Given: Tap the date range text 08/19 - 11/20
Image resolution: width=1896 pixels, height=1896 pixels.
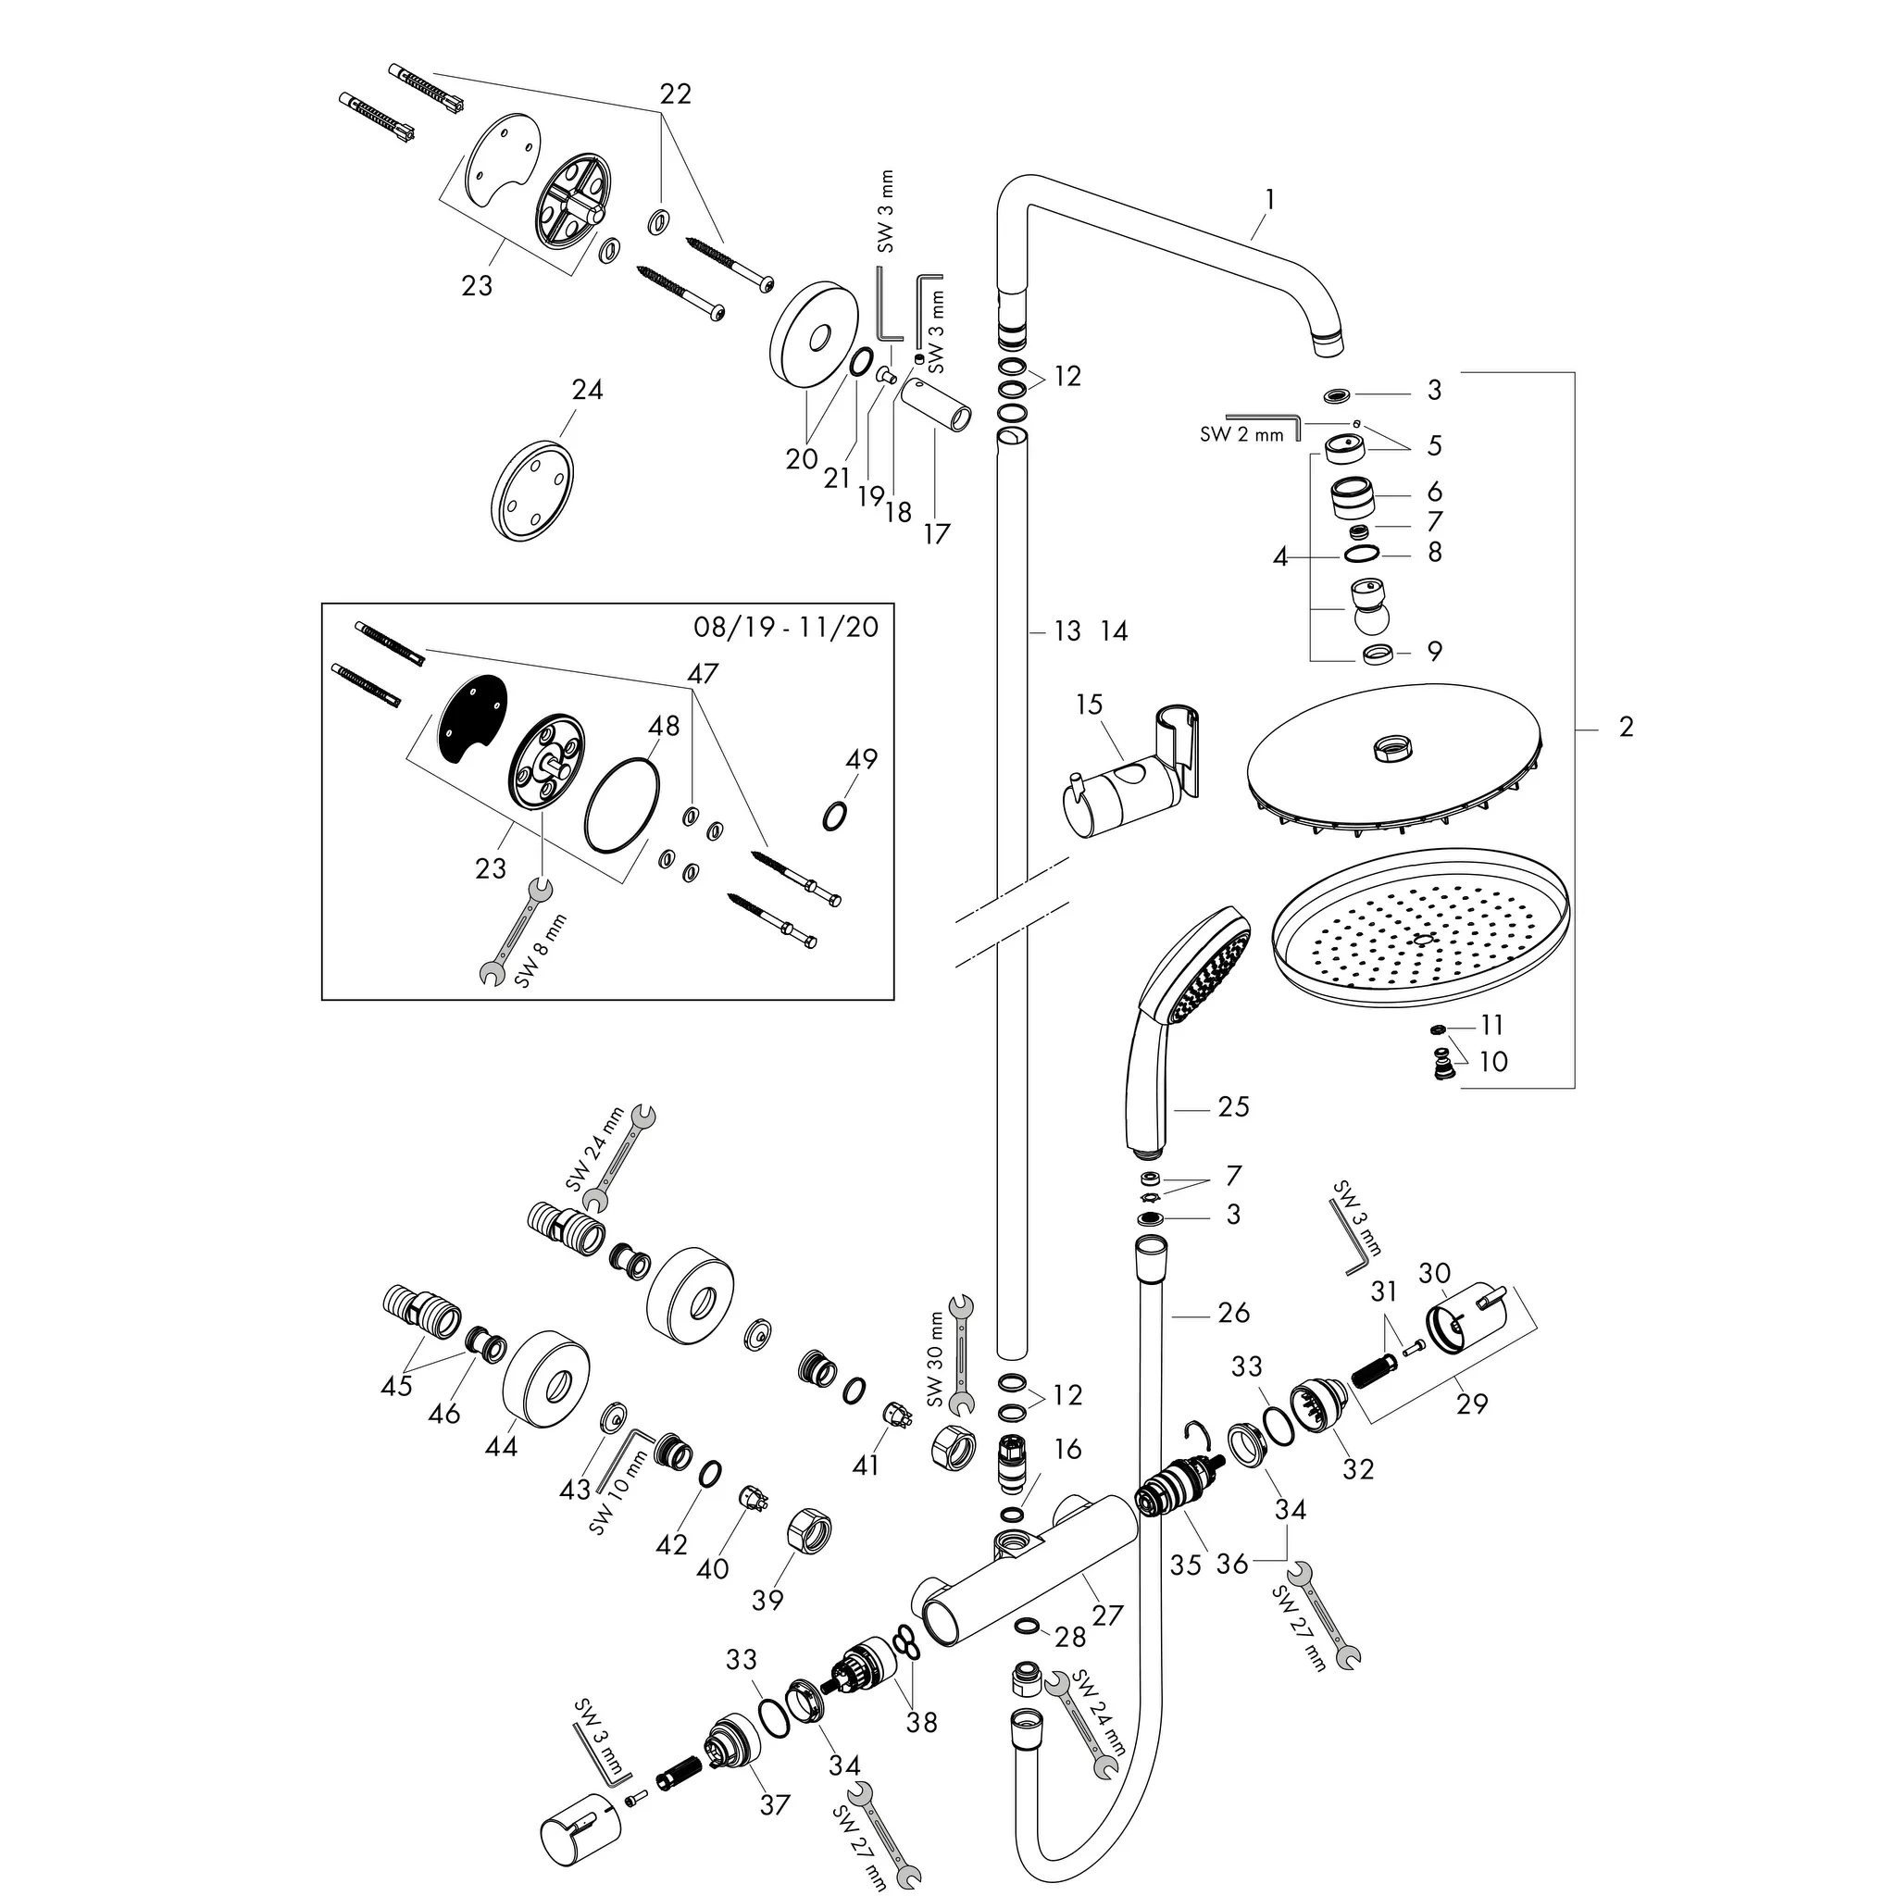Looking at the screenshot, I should coord(786,627).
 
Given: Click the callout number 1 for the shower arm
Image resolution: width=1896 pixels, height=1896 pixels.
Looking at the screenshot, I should coord(1270,200).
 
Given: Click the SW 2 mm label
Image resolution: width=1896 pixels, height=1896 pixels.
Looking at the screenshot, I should coord(1241,435).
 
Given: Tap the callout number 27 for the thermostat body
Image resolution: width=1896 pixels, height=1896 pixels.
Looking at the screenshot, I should coord(1107,1615).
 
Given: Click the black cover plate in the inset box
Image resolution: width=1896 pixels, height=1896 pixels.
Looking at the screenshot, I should coord(473,717).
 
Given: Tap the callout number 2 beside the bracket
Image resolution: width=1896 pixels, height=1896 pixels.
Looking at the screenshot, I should coord(1626,727).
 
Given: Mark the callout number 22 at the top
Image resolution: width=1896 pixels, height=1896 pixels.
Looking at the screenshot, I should coord(675,94).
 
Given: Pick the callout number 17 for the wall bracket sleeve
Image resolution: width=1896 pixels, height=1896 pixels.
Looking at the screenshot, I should coord(936,534).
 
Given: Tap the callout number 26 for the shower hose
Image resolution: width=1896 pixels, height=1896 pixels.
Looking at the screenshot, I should coord(1233,1312).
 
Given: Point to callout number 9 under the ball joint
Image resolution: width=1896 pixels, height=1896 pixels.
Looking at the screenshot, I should coord(1435,652).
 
